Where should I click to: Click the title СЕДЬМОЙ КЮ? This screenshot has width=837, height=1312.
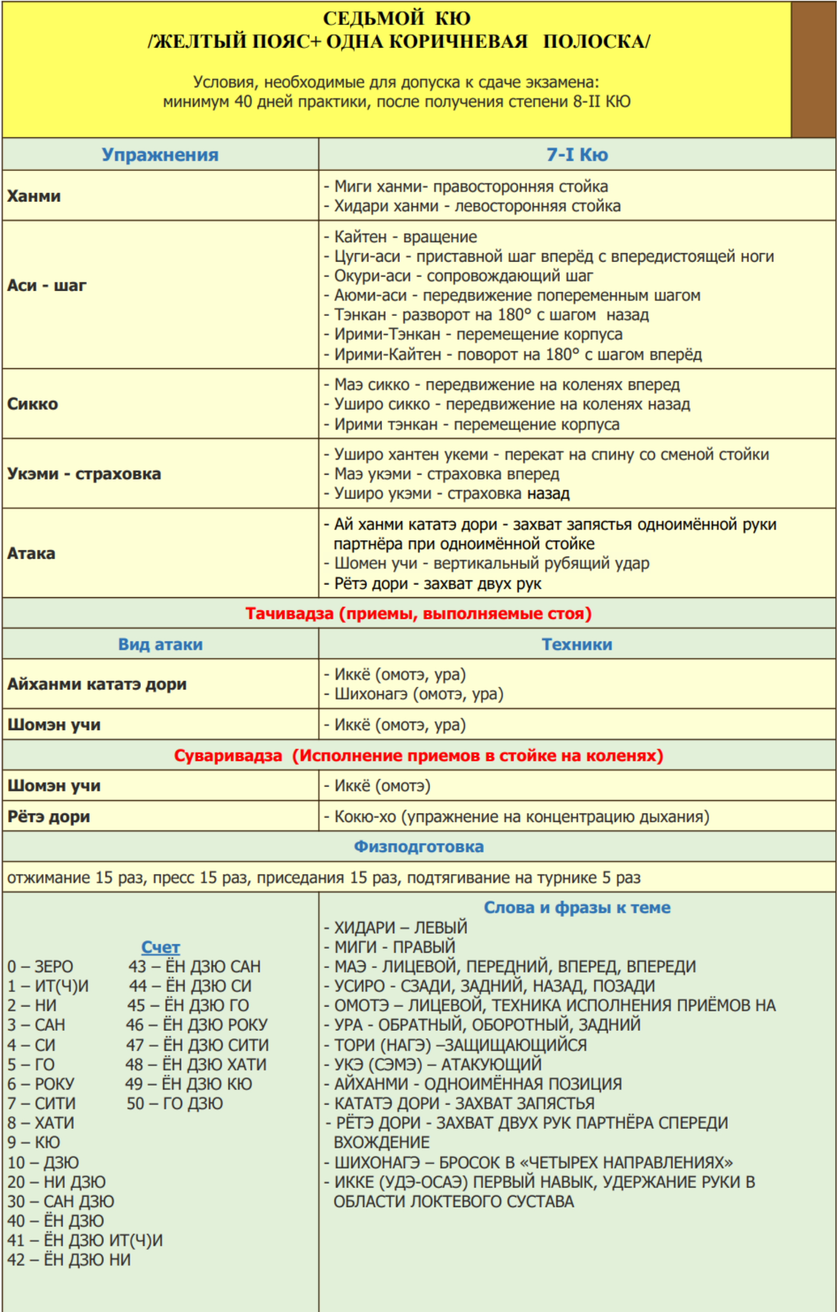point(396,18)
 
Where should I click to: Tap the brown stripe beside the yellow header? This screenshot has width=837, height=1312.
point(813,69)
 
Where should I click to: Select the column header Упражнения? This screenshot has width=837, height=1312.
point(160,155)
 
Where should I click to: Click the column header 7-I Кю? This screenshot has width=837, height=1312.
point(577,155)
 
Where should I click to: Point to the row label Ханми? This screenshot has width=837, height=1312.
point(34,196)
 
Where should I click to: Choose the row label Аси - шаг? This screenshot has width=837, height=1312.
point(47,285)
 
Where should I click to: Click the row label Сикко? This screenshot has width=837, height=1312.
point(33,404)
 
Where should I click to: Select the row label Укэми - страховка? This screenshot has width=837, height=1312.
point(84,474)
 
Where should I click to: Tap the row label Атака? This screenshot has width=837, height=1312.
point(31,553)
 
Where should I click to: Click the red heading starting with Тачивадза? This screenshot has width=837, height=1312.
point(418,614)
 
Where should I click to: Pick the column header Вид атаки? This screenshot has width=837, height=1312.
point(160,645)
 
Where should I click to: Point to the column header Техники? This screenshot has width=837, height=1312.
point(577,645)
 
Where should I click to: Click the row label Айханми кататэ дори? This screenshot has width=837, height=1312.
point(97,684)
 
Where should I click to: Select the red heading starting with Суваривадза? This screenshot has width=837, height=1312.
point(418,756)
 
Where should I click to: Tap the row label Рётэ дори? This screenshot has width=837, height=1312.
point(49,817)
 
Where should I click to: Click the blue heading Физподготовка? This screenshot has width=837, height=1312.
point(418,847)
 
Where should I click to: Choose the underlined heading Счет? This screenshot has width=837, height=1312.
point(160,947)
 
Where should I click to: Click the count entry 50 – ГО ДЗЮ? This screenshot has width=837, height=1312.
point(175,1103)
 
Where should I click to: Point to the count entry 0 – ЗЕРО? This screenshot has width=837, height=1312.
point(40,966)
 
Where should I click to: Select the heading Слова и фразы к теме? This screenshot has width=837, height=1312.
point(577,908)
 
